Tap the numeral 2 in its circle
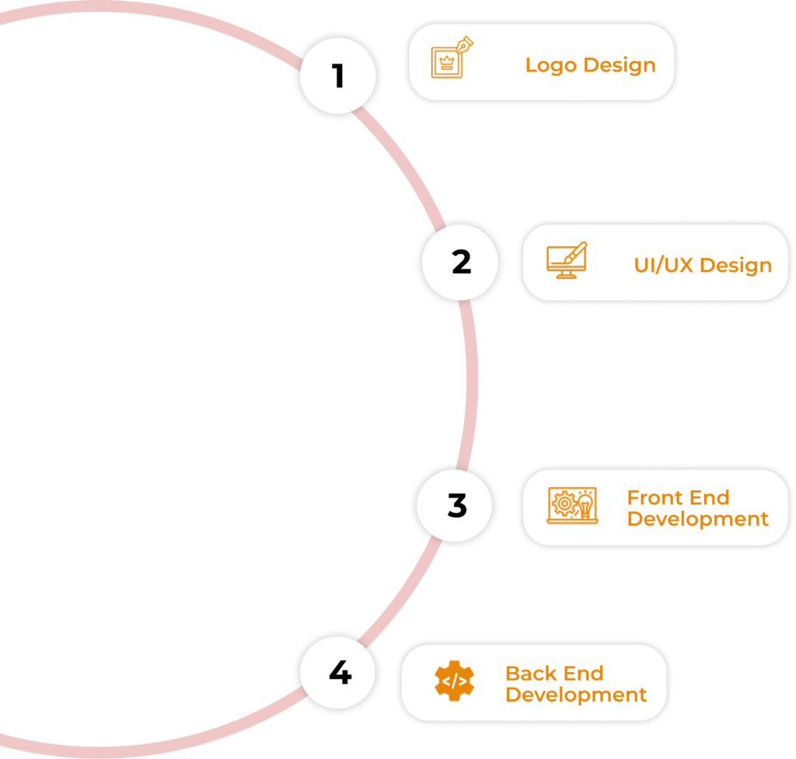point(462,262)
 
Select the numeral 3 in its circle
point(457,505)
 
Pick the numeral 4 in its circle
point(340,672)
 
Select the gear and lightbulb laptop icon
point(573,505)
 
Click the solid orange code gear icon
point(454,681)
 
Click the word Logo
point(551,65)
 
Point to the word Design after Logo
point(620,65)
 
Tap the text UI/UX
point(664,265)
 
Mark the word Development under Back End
point(576,695)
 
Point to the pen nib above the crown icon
point(465,44)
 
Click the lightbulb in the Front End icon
point(585,506)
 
